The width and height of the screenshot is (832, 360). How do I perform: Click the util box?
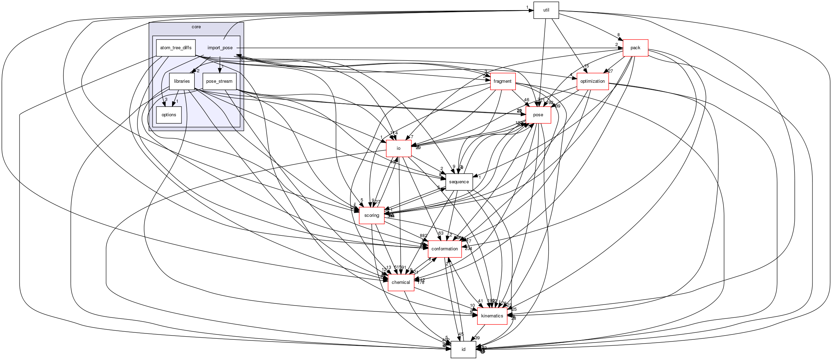click(x=546, y=10)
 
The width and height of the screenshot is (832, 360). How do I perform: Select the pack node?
click(x=635, y=48)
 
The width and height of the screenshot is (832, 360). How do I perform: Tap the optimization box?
click(x=592, y=81)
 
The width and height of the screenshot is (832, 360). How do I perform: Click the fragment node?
click(x=503, y=81)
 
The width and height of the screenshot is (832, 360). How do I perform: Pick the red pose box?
click(x=538, y=115)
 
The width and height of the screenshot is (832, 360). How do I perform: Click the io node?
click(x=398, y=148)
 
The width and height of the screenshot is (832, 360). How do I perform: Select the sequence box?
click(x=459, y=182)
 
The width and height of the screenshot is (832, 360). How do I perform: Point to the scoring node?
click(x=371, y=215)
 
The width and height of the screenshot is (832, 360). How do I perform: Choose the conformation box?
click(x=444, y=249)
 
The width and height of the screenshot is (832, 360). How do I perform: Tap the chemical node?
click(x=401, y=282)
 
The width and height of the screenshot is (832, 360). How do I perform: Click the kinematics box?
click(x=492, y=316)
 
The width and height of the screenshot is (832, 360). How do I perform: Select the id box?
click(x=463, y=350)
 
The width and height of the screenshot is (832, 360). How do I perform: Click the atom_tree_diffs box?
click(x=176, y=48)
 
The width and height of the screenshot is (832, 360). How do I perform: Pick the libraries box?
click(x=181, y=81)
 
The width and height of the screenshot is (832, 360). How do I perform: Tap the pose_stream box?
click(x=219, y=81)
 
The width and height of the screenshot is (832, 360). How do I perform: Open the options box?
click(x=169, y=115)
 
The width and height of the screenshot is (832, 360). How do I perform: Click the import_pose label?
click(x=220, y=48)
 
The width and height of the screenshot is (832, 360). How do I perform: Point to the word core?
click(x=196, y=27)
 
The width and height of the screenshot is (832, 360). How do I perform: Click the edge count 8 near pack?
click(x=618, y=35)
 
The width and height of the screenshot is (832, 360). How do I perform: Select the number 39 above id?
click(x=477, y=338)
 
